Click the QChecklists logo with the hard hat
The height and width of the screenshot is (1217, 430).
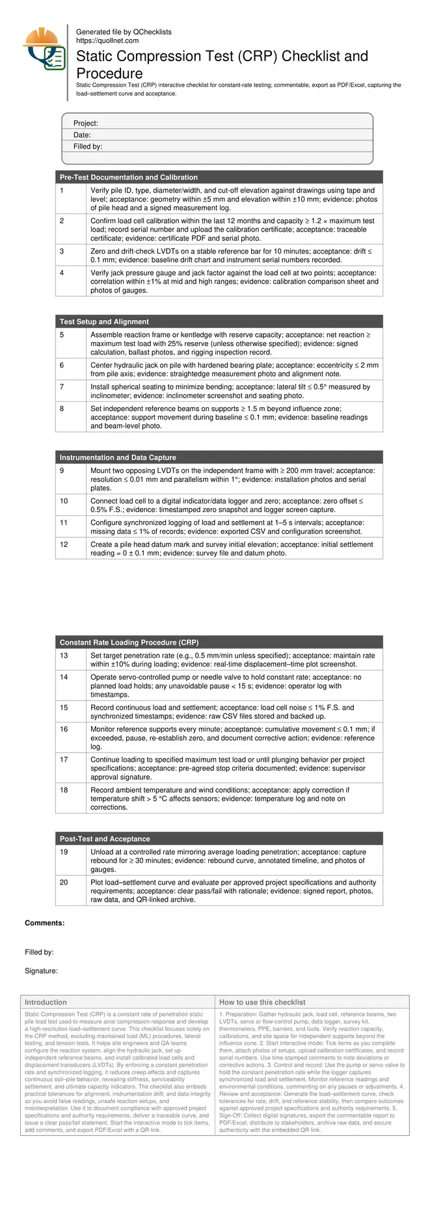[x=43, y=49]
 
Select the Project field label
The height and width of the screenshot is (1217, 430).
[x=85, y=123]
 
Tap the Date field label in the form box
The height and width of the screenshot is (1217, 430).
[x=82, y=135]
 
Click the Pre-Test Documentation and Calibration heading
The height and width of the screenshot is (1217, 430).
[x=128, y=177]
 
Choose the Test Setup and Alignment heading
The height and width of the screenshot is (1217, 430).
[x=104, y=321]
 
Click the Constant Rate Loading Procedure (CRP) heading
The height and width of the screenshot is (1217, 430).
[x=129, y=642]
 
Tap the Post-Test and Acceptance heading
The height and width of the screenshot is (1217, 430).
[x=105, y=838]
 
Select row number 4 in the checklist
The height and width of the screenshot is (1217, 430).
[x=62, y=273]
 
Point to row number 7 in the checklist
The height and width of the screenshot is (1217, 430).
[x=62, y=386]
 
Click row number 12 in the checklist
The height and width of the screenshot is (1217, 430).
[x=64, y=544]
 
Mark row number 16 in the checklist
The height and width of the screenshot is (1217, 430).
[x=64, y=729]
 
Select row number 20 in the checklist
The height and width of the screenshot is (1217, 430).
[x=64, y=882]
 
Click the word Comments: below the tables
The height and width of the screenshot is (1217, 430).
[x=44, y=923]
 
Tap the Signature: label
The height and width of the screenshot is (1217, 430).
[x=41, y=970]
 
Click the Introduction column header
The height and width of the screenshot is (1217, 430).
[x=46, y=1002]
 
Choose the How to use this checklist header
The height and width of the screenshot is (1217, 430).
[x=262, y=1002]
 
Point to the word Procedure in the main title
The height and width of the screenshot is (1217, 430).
[x=109, y=73]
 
